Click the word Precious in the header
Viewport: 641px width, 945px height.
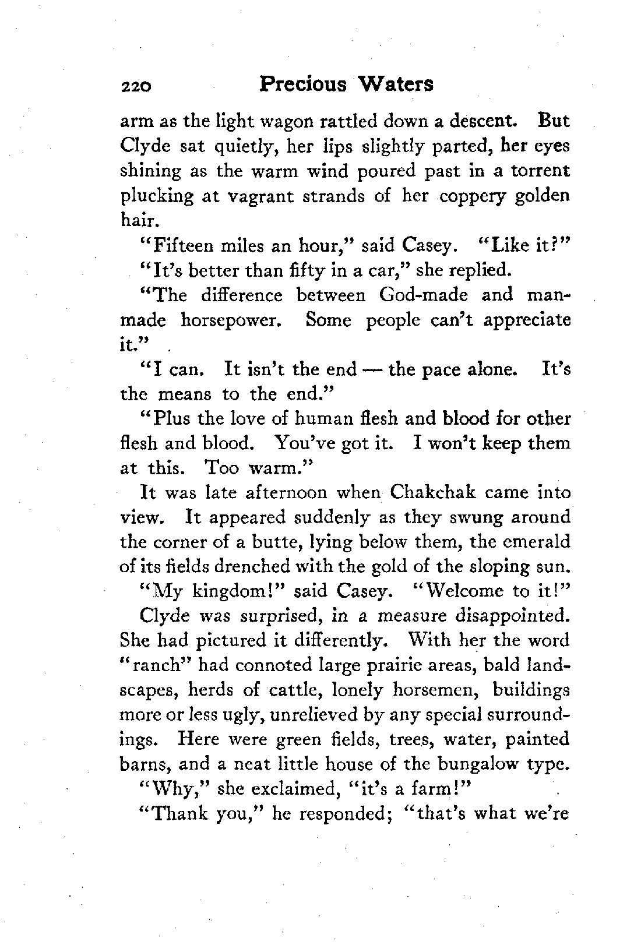[302, 84]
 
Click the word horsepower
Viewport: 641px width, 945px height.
[235, 320]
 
